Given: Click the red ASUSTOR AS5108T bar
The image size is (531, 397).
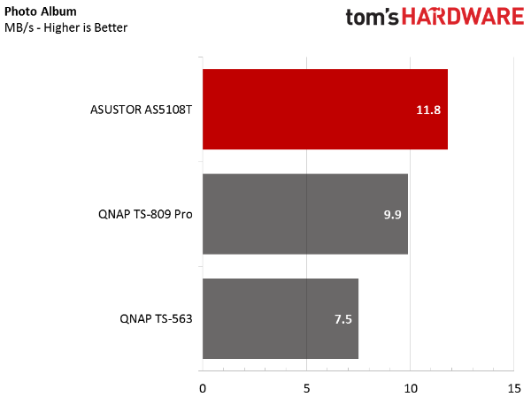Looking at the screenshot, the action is coord(325,109).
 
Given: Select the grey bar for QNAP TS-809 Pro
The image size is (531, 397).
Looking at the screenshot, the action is coord(305,214).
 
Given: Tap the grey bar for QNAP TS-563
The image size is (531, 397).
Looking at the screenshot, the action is coord(281,318).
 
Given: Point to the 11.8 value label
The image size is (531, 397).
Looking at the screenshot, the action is coord(428,110).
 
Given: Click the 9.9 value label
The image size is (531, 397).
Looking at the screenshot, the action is coord(392,215).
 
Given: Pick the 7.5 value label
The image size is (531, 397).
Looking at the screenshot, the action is coord(343,319).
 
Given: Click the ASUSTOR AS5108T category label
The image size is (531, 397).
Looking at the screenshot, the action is coord(142,110).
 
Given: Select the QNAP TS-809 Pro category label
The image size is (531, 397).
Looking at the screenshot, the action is coord(145,214).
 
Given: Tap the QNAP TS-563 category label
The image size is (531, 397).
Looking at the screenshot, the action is coord(156,319).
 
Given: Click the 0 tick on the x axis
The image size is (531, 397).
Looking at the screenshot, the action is coord(203,388).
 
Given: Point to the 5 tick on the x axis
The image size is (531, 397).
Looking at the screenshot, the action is coord(306,388).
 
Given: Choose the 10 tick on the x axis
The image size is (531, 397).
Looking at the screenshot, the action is coord(411,388).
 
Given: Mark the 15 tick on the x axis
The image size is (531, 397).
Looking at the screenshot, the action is coord(514,388).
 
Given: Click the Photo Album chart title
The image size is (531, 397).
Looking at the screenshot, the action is coord(41,11).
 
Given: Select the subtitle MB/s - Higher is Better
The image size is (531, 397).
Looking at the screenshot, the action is coord(66,27).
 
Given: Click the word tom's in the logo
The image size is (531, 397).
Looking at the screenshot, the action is coord(372,18).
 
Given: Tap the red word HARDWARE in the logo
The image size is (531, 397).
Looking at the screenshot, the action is coord(463,17).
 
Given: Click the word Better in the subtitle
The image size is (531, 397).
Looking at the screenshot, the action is coord(111,27).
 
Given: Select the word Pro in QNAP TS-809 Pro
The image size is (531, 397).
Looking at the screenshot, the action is coord(183,214).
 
